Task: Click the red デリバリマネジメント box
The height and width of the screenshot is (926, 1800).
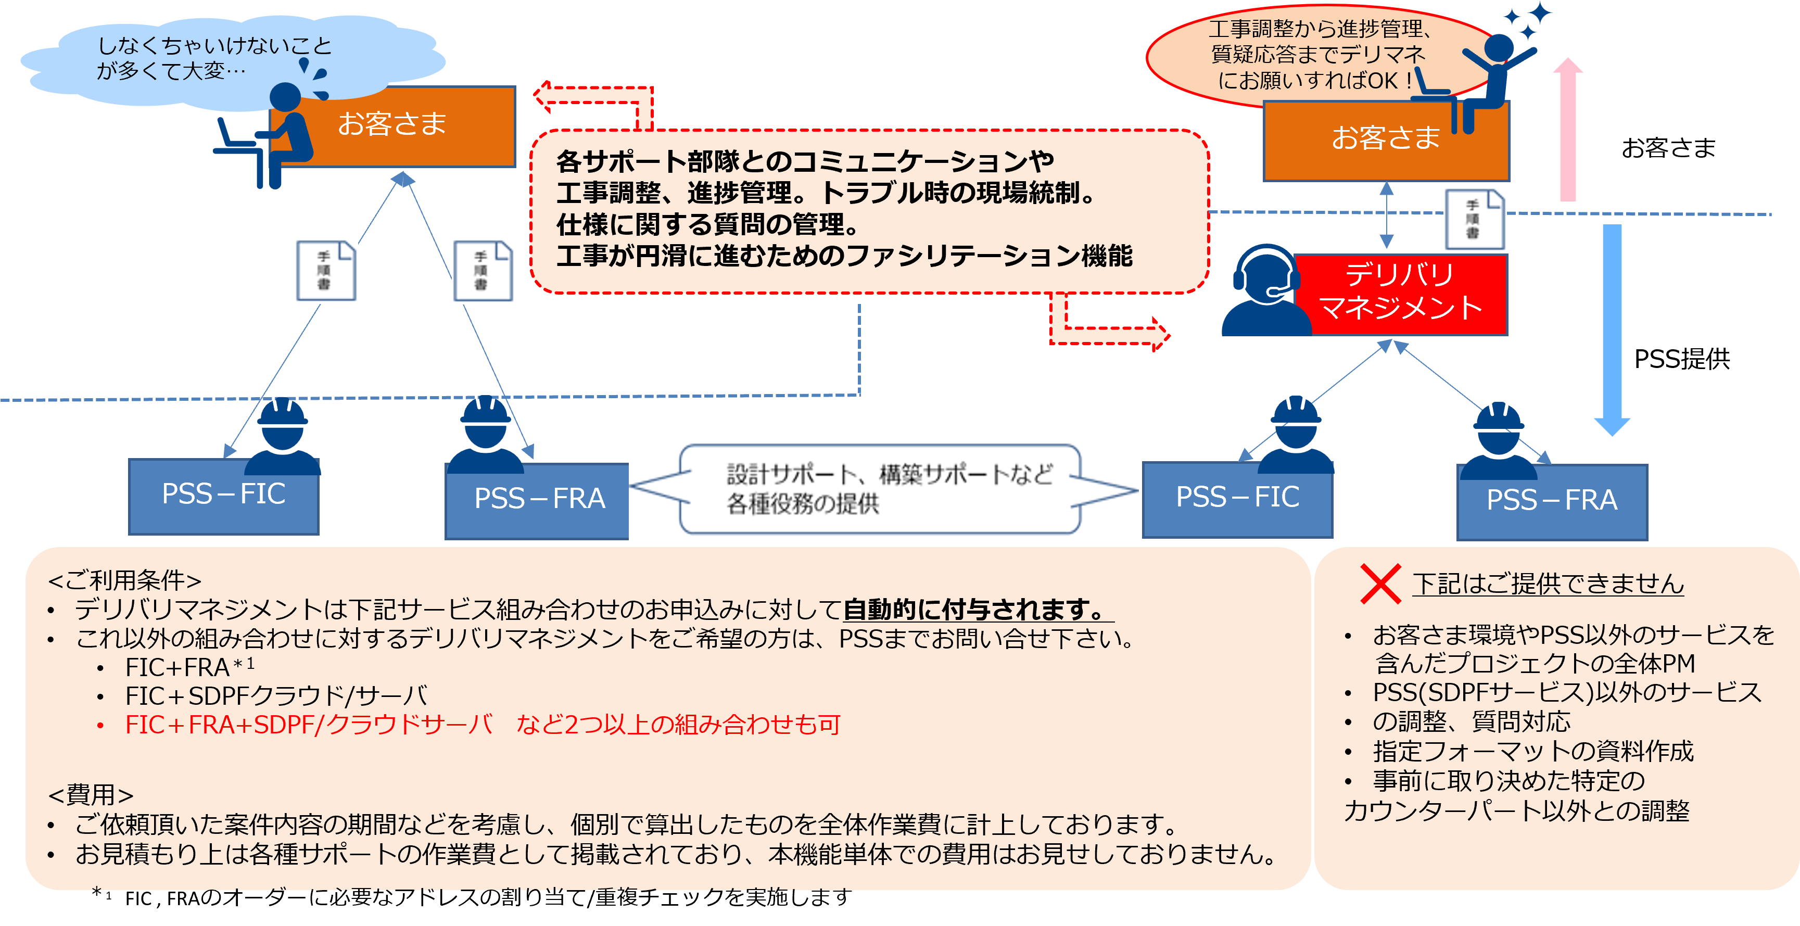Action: pyautogui.click(x=1400, y=294)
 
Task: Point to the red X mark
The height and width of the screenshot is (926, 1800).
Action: pyautogui.click(x=1380, y=583)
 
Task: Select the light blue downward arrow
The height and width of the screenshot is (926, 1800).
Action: pyautogui.click(x=1612, y=328)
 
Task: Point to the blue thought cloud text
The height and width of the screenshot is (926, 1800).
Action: pyautogui.click(x=213, y=58)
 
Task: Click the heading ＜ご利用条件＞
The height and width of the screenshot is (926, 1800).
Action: pyautogui.click(x=124, y=580)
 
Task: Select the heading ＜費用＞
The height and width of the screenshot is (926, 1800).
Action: pyautogui.click(x=91, y=795)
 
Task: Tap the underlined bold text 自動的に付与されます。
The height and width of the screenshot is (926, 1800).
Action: pyautogui.click(x=977, y=610)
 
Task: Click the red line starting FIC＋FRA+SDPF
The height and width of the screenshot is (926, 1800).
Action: pyautogui.click(x=482, y=725)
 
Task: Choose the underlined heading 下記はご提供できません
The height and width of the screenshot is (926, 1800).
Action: pyautogui.click(x=1548, y=583)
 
